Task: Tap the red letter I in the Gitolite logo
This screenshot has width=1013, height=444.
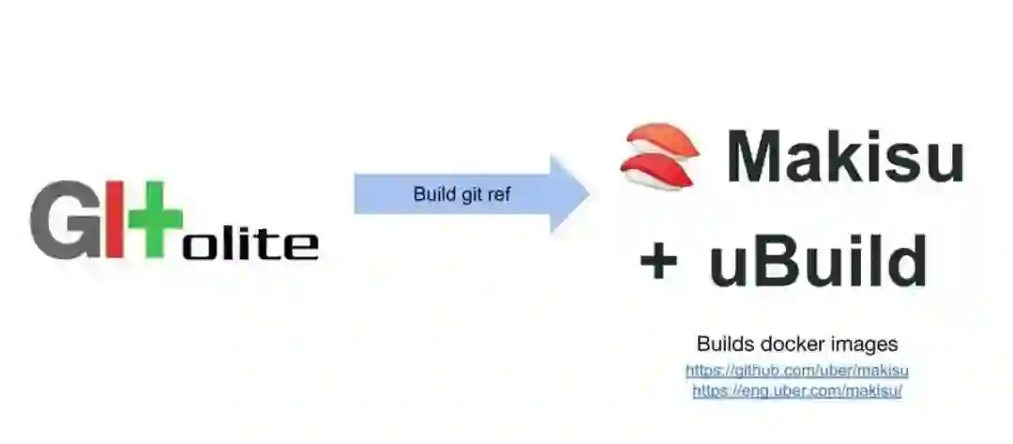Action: tap(113, 222)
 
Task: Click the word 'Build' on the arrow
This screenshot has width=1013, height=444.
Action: tap(432, 195)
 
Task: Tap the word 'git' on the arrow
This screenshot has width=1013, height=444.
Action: tap(471, 195)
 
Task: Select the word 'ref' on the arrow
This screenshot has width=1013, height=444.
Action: tap(500, 195)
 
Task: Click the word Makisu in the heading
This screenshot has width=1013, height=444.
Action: tap(845, 156)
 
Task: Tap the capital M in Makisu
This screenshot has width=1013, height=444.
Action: tap(763, 156)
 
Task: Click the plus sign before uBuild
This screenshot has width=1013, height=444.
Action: tap(658, 262)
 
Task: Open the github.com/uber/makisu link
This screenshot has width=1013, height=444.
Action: tap(796, 371)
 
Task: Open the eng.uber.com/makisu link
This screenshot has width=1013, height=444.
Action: tap(796, 390)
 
